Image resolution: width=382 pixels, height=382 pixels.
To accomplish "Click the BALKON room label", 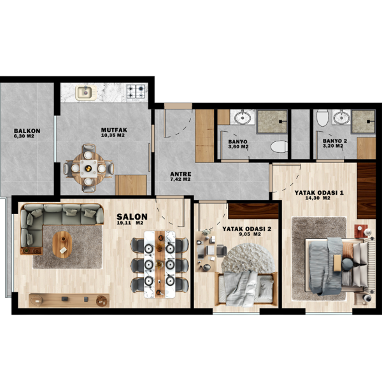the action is (27, 131).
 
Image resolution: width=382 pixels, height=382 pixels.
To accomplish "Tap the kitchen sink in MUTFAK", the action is (86, 92).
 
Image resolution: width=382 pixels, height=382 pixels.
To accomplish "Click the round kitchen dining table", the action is (88, 168).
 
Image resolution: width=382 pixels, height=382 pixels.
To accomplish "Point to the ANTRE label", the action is (181, 174).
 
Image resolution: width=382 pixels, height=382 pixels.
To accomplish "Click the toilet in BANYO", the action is (279, 146).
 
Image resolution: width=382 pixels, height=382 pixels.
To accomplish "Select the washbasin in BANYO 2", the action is (341, 118).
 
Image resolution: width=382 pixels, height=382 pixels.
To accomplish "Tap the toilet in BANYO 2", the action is (323, 118).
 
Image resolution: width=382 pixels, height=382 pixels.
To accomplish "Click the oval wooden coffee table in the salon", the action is (62, 244).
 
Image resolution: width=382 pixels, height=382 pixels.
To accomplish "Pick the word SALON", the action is (132, 216).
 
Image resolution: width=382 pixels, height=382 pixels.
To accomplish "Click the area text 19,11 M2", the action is (130, 223).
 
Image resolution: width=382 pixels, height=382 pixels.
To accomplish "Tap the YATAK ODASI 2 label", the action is (247, 229).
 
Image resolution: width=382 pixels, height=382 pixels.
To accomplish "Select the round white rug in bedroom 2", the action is (248, 258).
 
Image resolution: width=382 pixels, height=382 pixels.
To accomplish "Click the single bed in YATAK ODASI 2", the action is (246, 289).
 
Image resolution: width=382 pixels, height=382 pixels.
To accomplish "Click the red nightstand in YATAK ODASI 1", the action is (361, 231).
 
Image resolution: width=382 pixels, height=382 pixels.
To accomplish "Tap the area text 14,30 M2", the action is (318, 198).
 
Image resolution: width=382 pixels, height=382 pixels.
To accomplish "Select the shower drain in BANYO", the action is (281, 121).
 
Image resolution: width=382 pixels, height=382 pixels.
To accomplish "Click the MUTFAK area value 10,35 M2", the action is (113, 135).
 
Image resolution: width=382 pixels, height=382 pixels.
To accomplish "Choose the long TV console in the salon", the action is (69, 300).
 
